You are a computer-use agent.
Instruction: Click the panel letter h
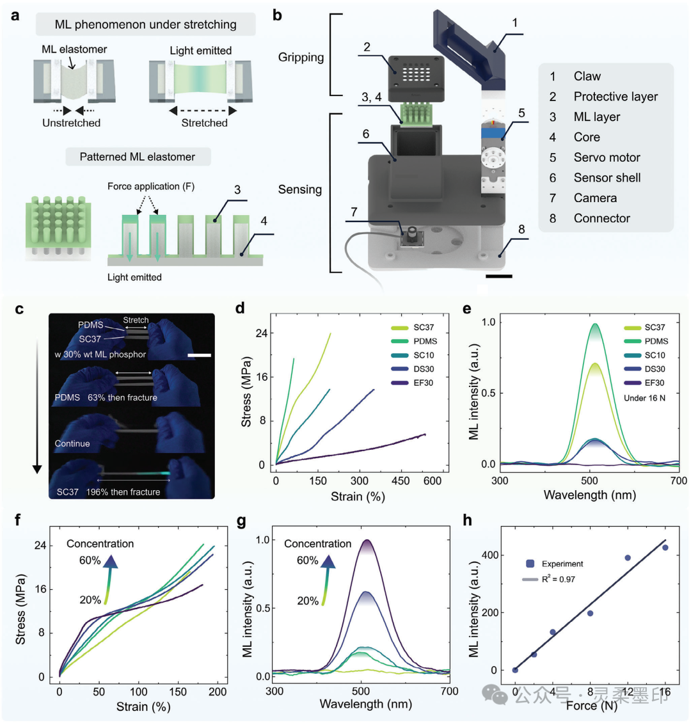[x=468, y=520]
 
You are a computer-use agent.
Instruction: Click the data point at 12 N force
[x=628, y=558]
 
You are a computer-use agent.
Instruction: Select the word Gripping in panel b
[x=301, y=58]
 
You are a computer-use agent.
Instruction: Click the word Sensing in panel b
[x=300, y=189]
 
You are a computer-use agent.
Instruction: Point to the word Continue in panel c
[x=72, y=443]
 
